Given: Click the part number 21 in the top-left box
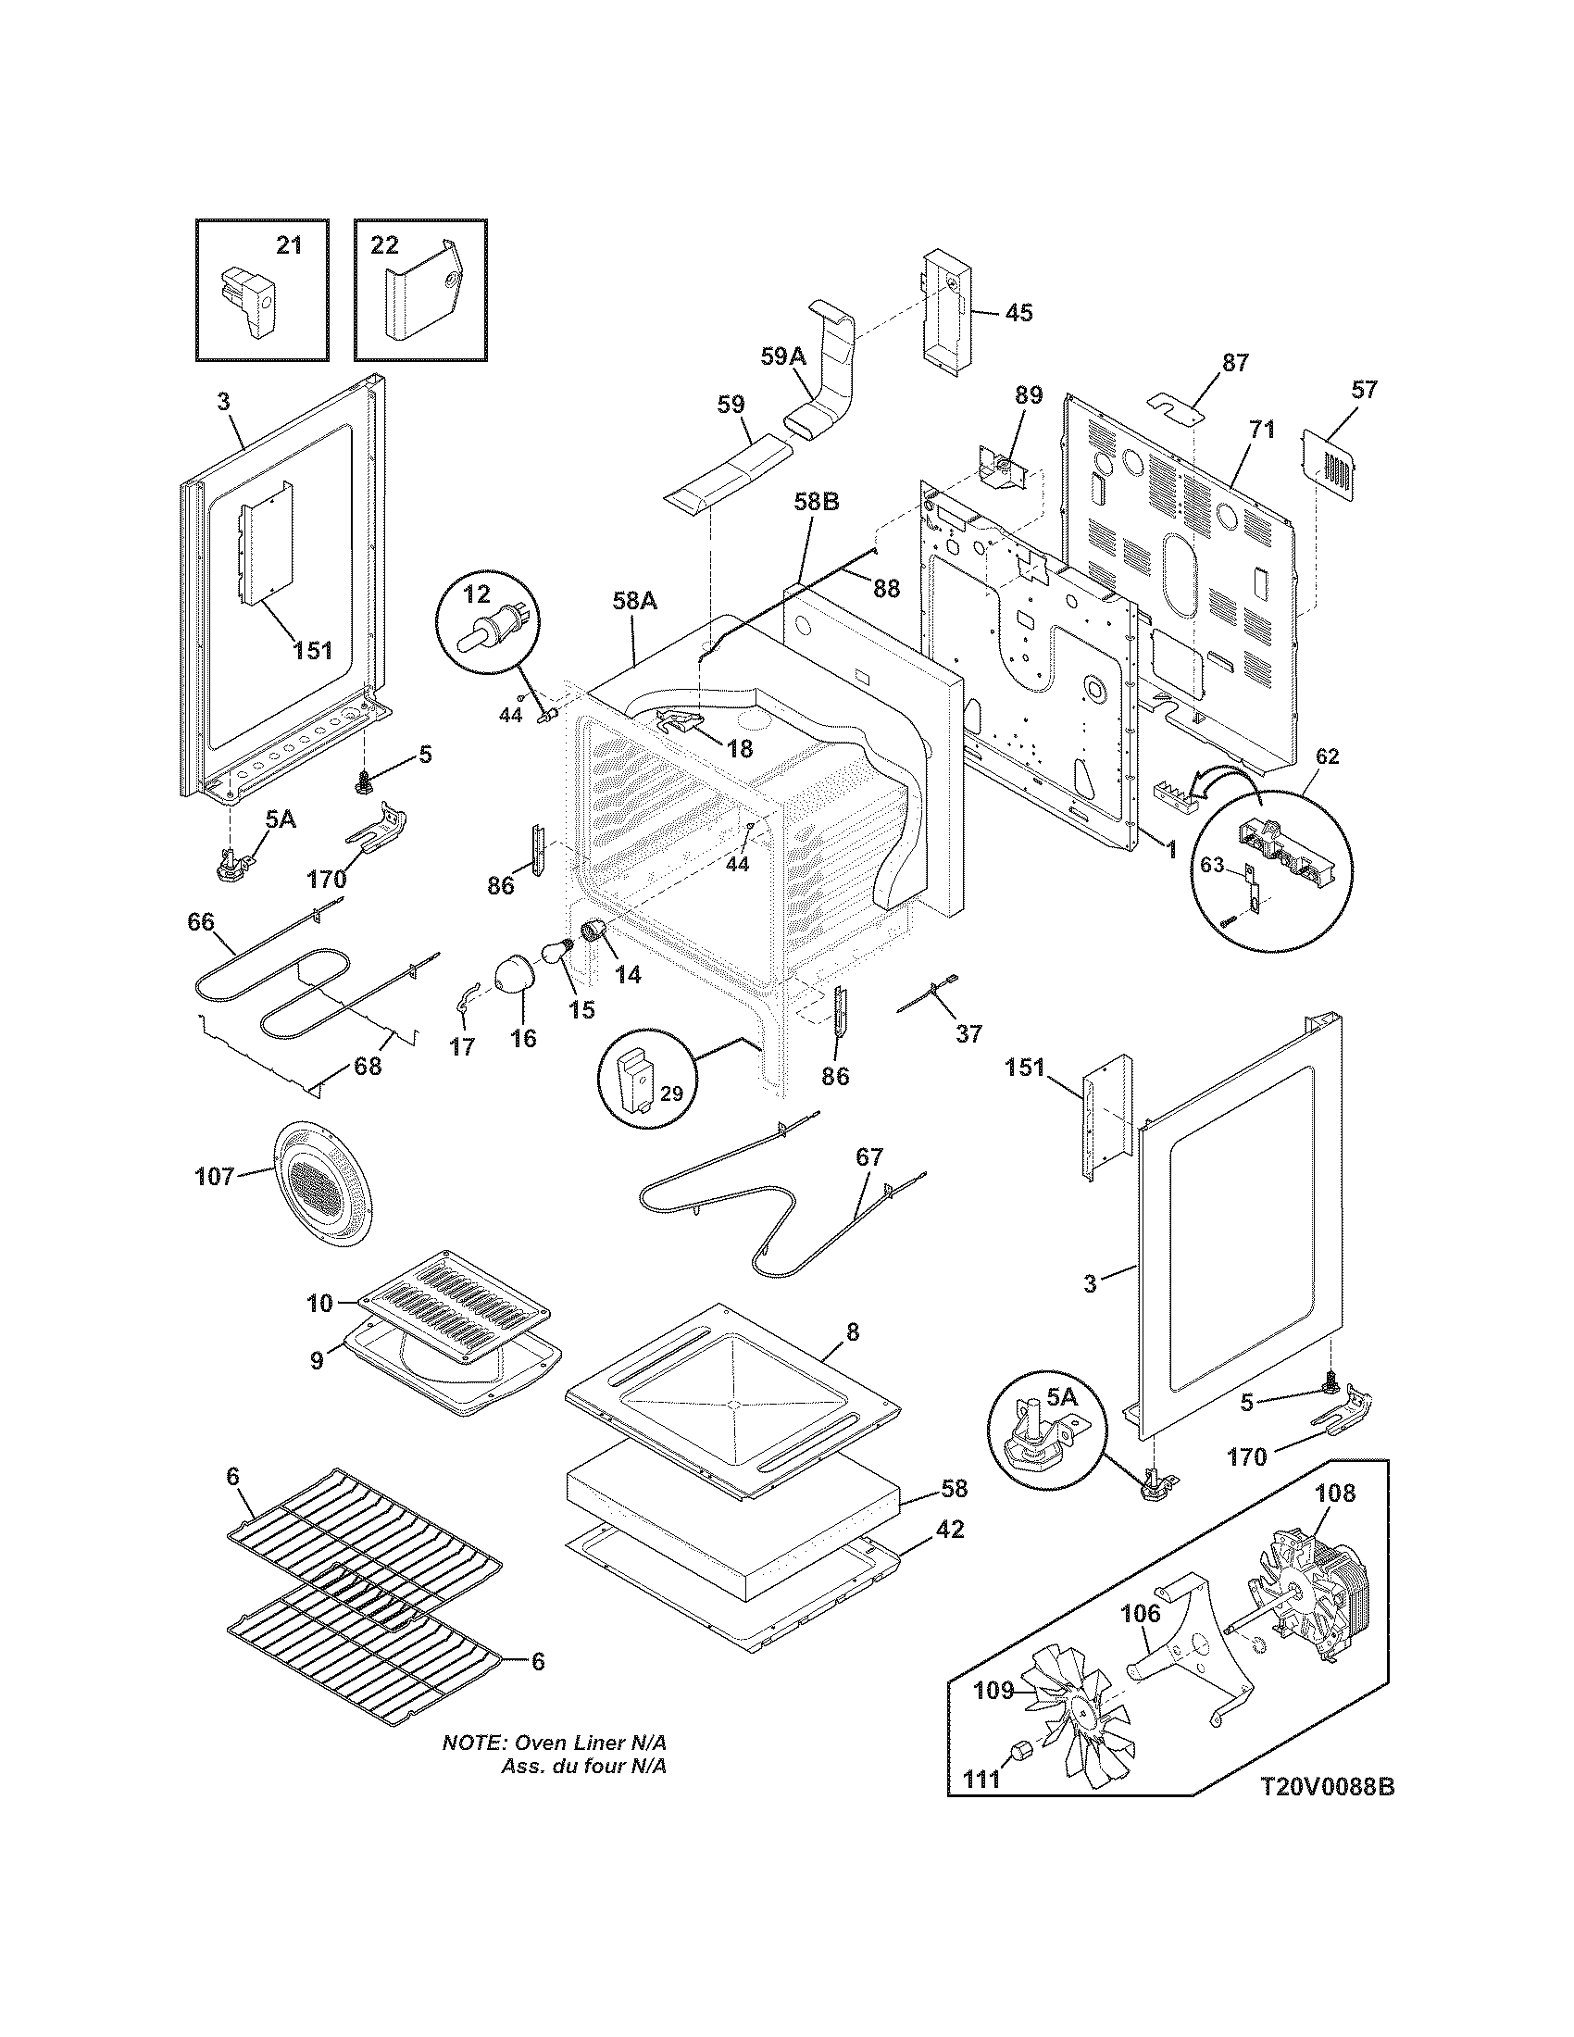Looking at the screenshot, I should [x=289, y=245].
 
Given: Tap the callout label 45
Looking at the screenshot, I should [x=1018, y=312].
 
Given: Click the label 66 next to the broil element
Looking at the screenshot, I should [x=201, y=922].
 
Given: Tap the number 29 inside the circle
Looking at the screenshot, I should [x=672, y=1093].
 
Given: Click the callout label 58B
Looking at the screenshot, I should [x=817, y=502].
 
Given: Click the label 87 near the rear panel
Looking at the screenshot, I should [x=1234, y=363].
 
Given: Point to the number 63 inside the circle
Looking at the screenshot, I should [x=1211, y=866].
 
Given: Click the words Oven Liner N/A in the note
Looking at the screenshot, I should [x=592, y=1744].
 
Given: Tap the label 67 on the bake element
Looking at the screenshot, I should [x=868, y=1157].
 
